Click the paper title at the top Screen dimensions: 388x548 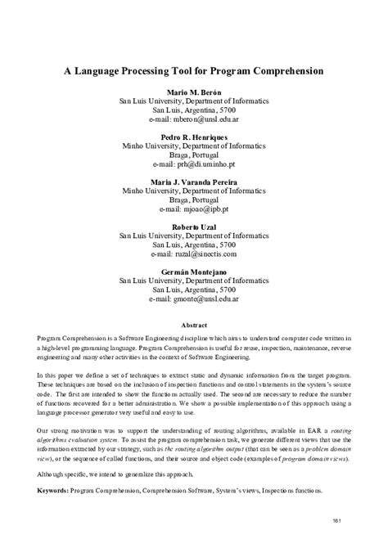pyautogui.click(x=194, y=71)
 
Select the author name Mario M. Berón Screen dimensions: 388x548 pyautogui.click(x=194, y=92)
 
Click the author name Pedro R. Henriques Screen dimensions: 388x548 pyautogui.click(x=194, y=136)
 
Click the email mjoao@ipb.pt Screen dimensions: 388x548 pyautogui.click(x=194, y=209)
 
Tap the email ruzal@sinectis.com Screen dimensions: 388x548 pyautogui.click(x=194, y=253)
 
